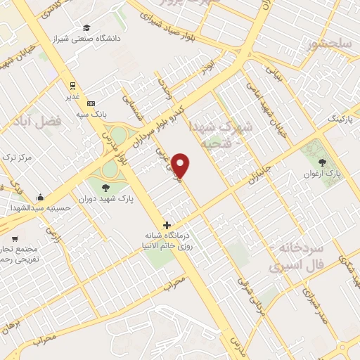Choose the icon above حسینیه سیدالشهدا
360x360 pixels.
pos(40,197)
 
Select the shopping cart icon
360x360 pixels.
pos(15,237)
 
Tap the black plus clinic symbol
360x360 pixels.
pos(167,226)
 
